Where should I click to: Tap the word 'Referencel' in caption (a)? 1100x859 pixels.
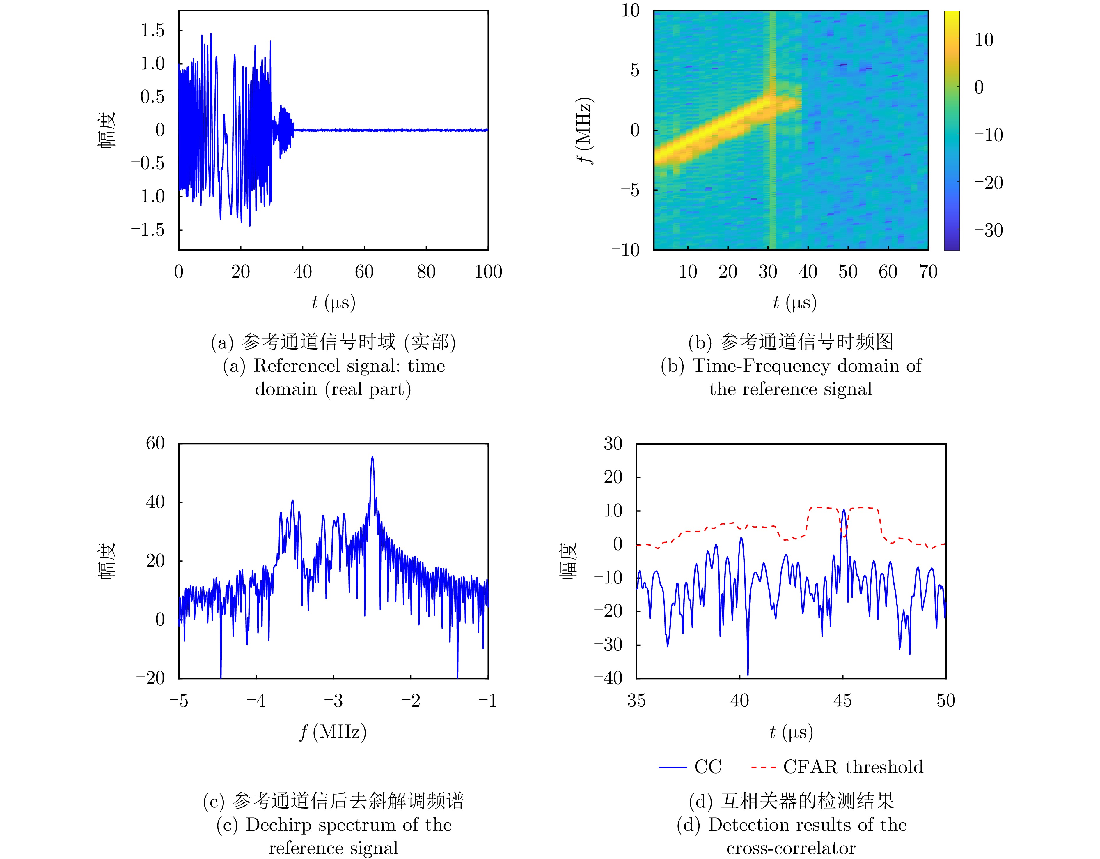click(293, 366)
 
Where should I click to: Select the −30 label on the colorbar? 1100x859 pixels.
click(988, 230)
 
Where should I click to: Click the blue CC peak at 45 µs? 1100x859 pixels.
click(844, 510)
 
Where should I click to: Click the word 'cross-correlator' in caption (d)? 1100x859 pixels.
click(791, 849)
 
